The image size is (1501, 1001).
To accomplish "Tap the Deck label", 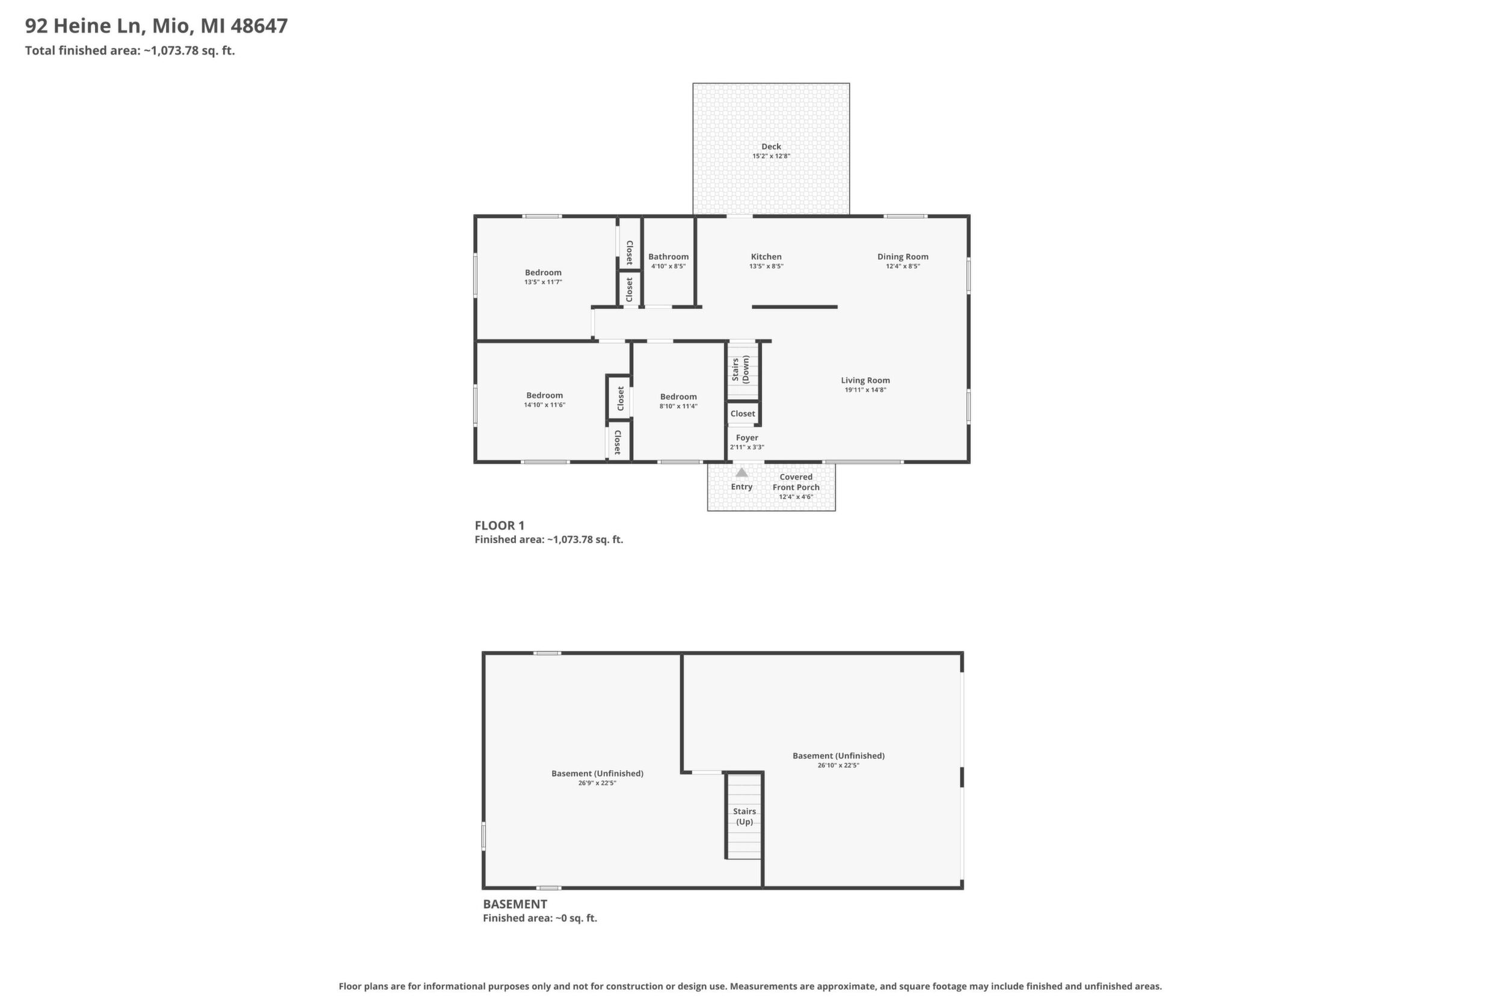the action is tap(771, 146).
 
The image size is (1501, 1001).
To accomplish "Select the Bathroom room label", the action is tap(668, 257).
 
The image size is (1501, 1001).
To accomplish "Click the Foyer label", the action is tap(747, 438).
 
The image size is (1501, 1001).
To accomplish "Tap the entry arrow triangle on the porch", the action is tap(741, 472).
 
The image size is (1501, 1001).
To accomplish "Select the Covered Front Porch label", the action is tap(796, 482).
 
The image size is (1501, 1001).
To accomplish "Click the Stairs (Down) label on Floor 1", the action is tap(740, 369).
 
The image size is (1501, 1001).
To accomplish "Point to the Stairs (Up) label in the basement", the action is tap(744, 816).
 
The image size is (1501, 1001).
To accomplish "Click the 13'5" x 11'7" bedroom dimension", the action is tap(543, 282).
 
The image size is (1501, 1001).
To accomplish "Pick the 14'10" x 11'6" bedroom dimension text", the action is tap(544, 405).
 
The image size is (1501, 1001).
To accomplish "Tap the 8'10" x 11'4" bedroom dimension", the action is tap(678, 406).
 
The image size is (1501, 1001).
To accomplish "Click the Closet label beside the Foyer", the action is tap(743, 414).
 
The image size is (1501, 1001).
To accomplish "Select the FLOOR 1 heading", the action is tap(499, 525).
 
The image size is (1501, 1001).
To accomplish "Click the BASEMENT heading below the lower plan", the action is tap(514, 904).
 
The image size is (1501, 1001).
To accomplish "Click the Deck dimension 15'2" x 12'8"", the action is tap(771, 156).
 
